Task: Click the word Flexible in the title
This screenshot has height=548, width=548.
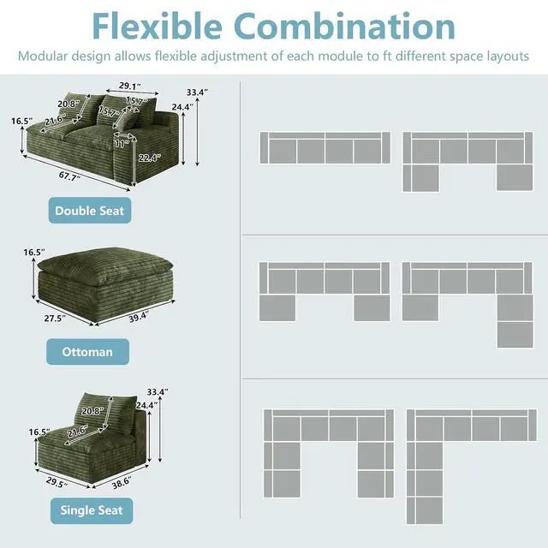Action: point(158,27)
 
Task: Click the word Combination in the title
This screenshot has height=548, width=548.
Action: point(344,27)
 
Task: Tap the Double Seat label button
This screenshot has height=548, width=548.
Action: point(90,211)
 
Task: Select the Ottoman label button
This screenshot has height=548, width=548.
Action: point(87,352)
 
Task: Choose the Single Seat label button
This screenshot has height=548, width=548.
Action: point(92,510)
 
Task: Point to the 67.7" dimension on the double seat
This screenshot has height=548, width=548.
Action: point(69,176)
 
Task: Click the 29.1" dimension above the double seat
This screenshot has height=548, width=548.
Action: point(130,86)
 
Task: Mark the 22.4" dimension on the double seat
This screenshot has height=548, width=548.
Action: point(150,158)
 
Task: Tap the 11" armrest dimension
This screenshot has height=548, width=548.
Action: point(122,143)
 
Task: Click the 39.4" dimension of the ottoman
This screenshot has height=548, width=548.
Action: point(139,317)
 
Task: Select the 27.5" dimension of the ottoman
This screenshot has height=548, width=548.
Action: point(55,319)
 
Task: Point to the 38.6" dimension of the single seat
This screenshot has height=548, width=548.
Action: point(122,483)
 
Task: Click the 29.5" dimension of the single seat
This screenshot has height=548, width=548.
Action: point(57,483)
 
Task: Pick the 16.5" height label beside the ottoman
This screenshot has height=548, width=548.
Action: point(34,252)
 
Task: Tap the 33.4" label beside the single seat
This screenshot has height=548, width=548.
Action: point(158,392)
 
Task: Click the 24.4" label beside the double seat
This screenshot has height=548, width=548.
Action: point(182,107)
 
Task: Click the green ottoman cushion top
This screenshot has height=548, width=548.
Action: point(104,264)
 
